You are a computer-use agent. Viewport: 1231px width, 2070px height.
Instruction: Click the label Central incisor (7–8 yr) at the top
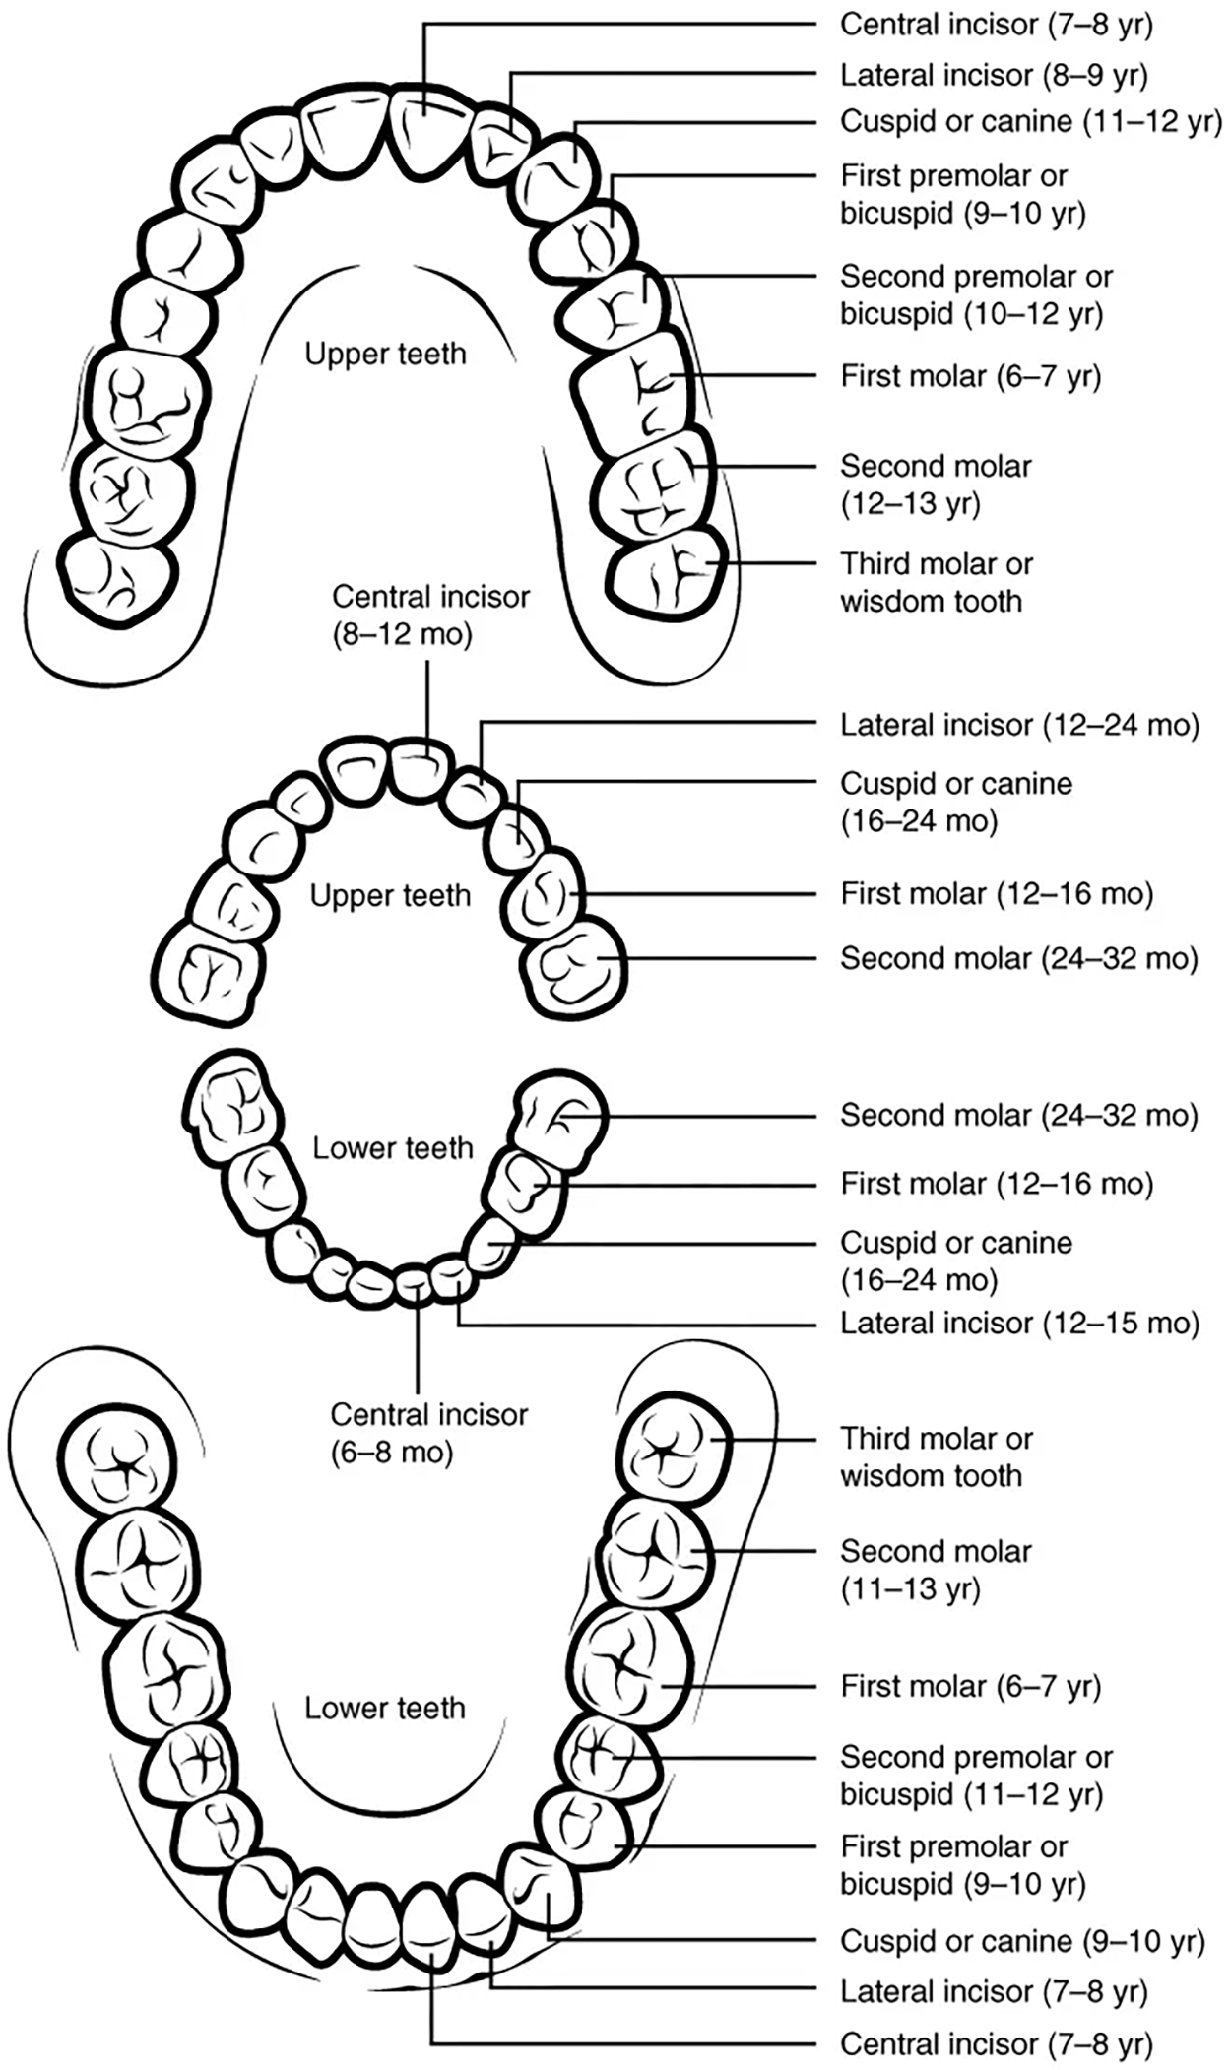click(995, 24)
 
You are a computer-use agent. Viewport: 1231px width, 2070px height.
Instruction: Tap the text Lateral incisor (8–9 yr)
click(993, 74)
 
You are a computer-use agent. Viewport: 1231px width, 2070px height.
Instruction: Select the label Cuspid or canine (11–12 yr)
click(1029, 121)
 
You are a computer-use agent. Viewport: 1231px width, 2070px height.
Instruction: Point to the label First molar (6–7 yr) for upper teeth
click(970, 375)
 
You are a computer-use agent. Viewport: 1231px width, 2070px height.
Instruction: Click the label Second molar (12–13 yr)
click(936, 484)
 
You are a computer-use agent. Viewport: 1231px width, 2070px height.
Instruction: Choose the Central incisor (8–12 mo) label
click(430, 615)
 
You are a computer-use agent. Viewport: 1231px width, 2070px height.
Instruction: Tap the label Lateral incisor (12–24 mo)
click(1019, 725)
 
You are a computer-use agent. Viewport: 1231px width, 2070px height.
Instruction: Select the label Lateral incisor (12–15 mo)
click(1019, 1323)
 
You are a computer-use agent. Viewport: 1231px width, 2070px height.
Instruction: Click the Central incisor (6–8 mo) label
click(428, 1433)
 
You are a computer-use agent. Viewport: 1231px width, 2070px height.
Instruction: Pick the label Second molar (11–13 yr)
click(936, 1569)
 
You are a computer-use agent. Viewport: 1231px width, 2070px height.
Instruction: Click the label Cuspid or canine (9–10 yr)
click(1021, 1940)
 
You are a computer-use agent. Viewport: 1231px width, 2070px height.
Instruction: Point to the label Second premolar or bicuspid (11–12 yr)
click(975, 1775)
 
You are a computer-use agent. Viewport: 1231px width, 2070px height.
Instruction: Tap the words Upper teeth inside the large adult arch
click(385, 354)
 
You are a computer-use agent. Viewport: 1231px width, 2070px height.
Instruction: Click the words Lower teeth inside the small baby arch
click(393, 1147)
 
